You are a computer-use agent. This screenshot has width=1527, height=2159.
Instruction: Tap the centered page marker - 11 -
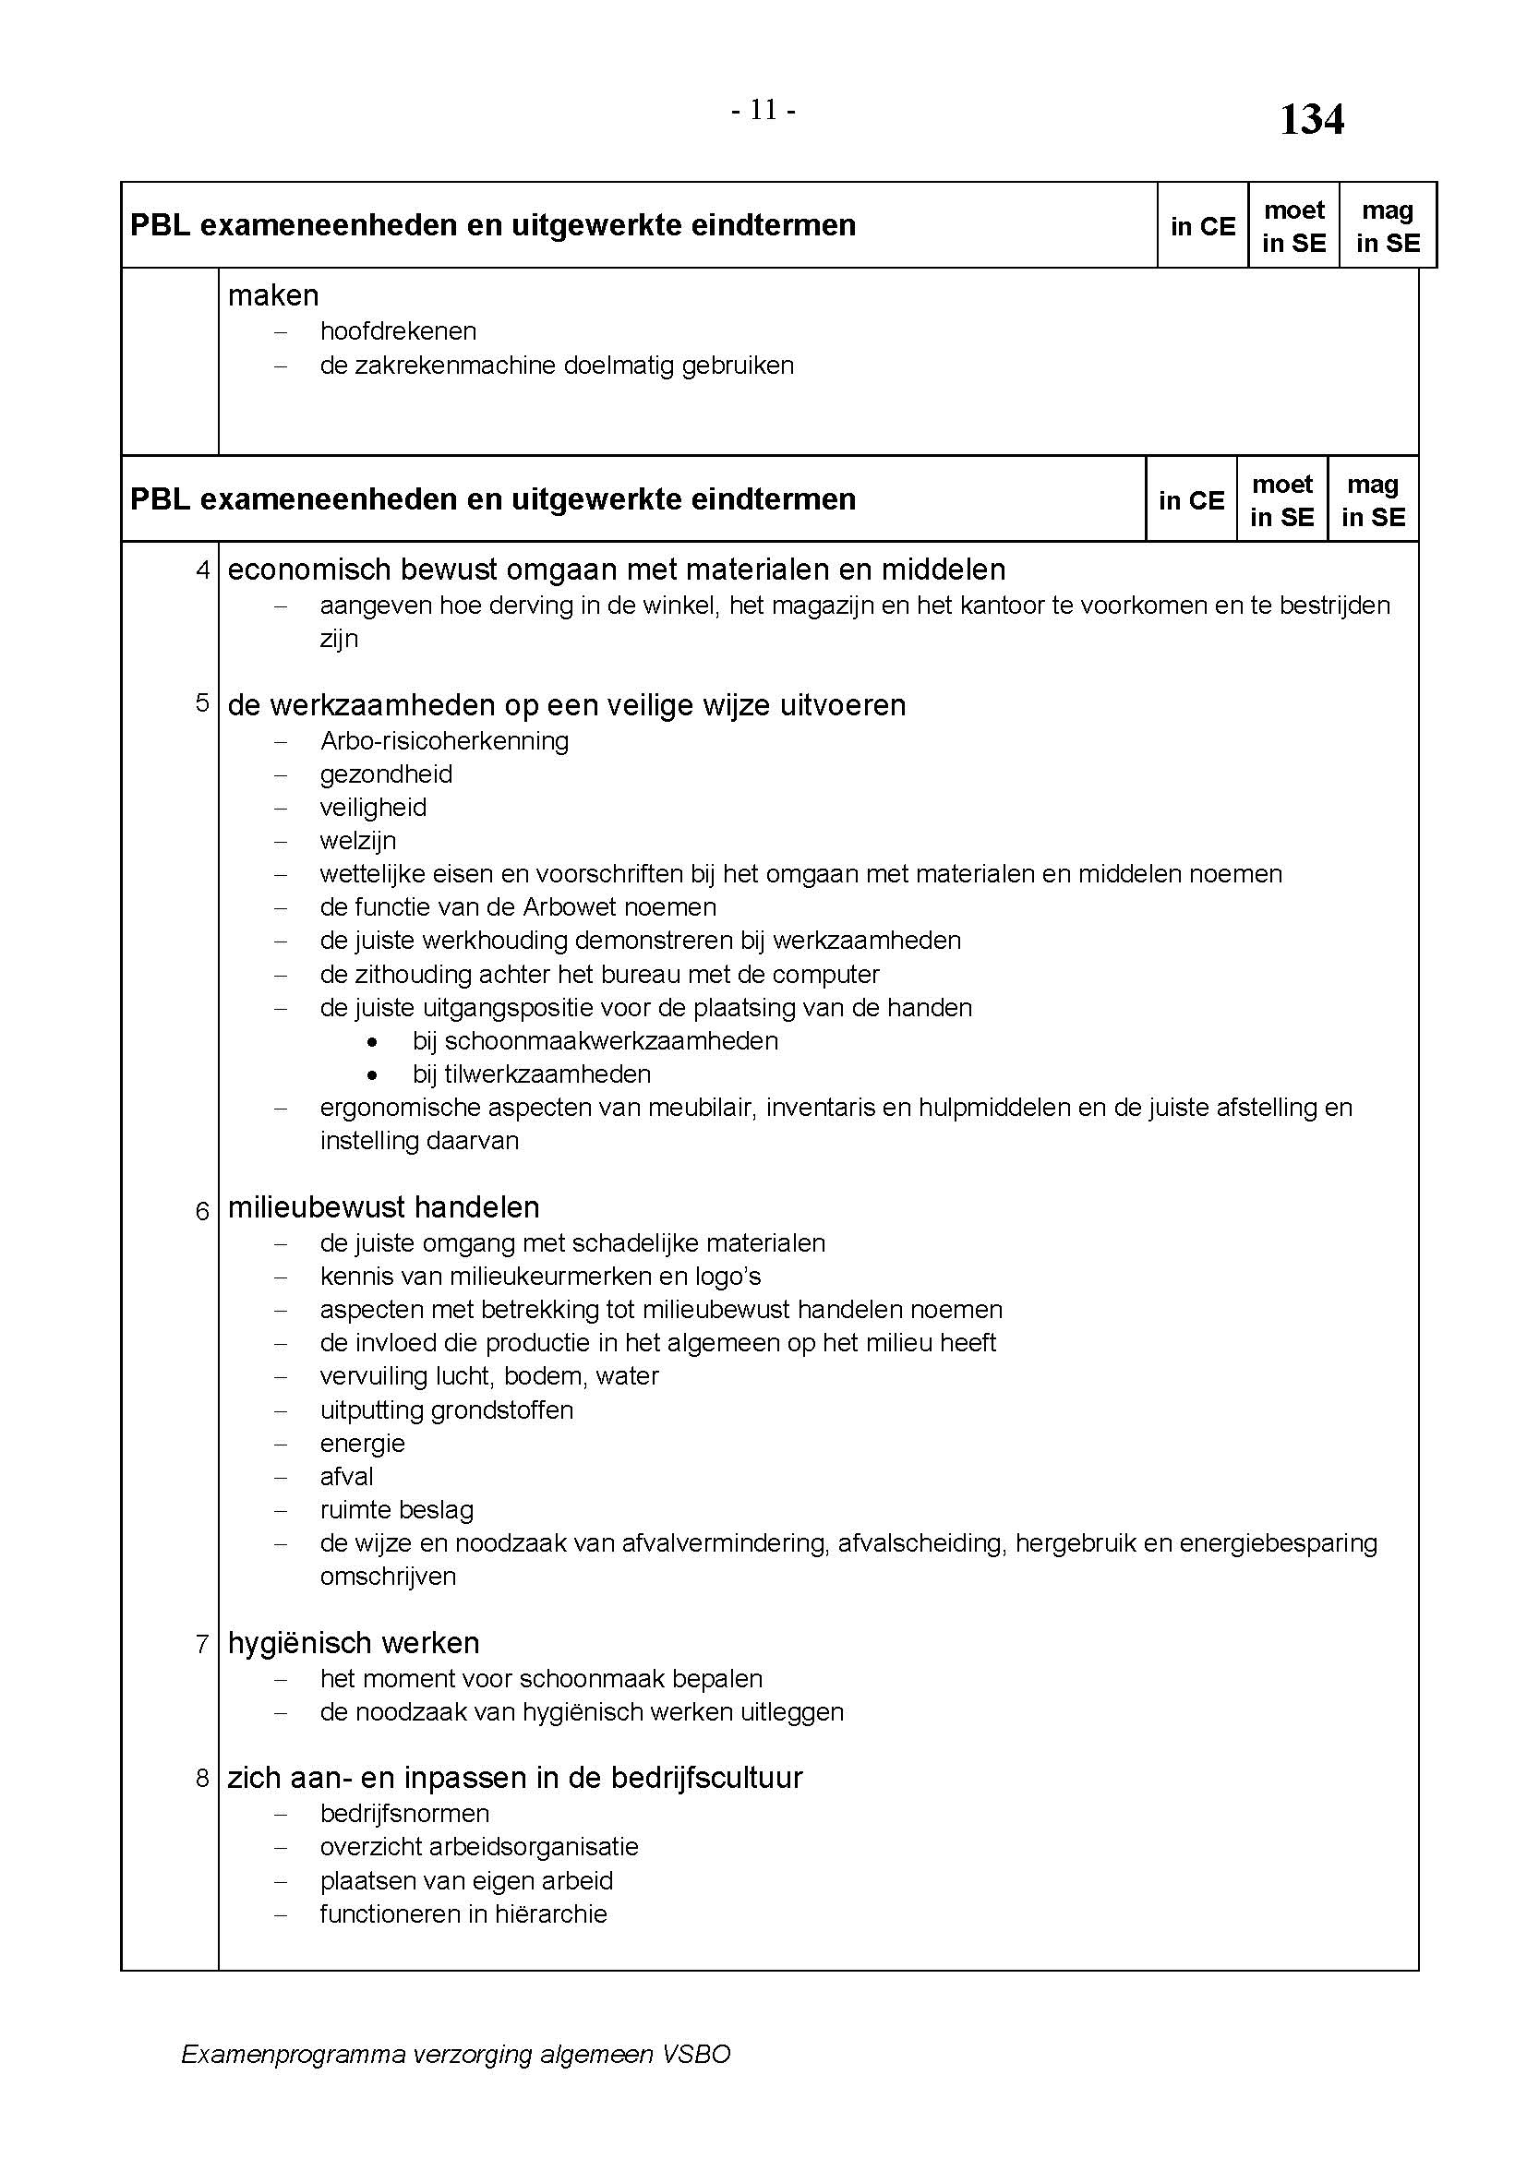pyautogui.click(x=763, y=111)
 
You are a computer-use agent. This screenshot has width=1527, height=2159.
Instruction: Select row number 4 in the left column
pyautogui.click(x=203, y=570)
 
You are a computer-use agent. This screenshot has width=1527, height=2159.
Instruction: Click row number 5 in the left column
pyautogui.click(x=203, y=703)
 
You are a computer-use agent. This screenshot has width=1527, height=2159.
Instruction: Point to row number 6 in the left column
pyautogui.click(x=203, y=1211)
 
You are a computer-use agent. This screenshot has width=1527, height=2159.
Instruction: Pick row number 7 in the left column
pyautogui.click(x=203, y=1644)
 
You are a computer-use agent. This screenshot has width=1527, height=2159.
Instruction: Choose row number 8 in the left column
pyautogui.click(x=203, y=1778)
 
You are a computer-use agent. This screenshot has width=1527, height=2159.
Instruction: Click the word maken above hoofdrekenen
pyautogui.click(x=272, y=296)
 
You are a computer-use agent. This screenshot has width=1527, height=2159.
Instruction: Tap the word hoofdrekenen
pyautogui.click(x=398, y=331)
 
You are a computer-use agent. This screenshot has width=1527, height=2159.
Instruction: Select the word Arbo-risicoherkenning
pyautogui.click(x=444, y=741)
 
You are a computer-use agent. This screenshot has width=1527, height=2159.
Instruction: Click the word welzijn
pyautogui.click(x=357, y=841)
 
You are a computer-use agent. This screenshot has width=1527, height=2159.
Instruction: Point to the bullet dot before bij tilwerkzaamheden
pyautogui.click(x=373, y=1074)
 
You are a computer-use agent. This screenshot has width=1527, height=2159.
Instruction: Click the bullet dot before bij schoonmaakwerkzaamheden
pyautogui.click(x=373, y=1042)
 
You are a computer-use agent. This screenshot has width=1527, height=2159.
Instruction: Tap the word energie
pyautogui.click(x=362, y=1444)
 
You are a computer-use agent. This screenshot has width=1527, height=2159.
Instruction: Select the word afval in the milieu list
pyautogui.click(x=346, y=1476)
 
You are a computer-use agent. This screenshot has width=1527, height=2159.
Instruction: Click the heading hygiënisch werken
pyautogui.click(x=354, y=1643)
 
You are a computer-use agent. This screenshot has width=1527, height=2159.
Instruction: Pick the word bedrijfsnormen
pyautogui.click(x=404, y=1813)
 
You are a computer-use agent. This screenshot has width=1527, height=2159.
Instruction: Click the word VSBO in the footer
pyautogui.click(x=696, y=2081)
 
